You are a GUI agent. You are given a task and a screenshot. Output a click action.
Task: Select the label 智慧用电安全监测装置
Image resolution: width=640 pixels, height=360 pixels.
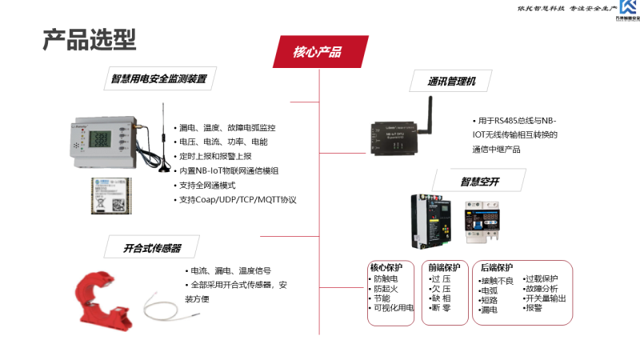[x=158, y=78]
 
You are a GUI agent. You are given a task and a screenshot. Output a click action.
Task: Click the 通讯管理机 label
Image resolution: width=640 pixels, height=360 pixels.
[x=452, y=81]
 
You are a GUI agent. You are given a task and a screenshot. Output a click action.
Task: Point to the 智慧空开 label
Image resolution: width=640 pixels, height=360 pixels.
[x=479, y=182]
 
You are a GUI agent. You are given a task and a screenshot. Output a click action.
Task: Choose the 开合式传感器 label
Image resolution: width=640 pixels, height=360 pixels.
[x=152, y=248]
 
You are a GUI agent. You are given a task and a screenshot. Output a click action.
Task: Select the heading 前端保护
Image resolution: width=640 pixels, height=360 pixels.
[x=444, y=267]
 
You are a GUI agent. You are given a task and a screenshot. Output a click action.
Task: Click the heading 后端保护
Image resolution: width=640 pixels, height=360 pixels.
[x=497, y=267]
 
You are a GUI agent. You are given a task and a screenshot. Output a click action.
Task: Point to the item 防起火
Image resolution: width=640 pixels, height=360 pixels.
[x=385, y=288]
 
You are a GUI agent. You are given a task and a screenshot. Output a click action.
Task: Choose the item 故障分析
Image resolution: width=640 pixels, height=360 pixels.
[x=542, y=288]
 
